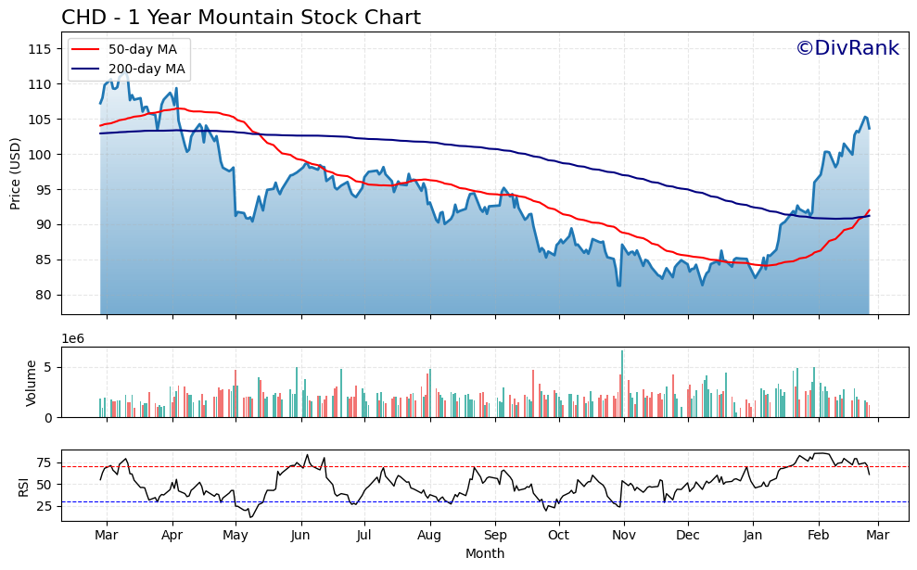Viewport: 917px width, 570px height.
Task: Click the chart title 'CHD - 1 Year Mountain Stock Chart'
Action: point(240,18)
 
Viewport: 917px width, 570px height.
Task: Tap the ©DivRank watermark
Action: point(847,48)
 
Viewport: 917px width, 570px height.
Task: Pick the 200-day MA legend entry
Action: point(146,69)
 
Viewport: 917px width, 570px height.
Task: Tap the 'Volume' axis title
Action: point(31,383)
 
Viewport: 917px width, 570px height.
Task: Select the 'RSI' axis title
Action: point(24,484)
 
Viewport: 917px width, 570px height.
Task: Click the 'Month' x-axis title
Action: point(485,554)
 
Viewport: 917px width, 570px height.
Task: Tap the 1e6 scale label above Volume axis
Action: point(73,338)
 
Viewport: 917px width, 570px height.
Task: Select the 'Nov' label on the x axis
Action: point(624,535)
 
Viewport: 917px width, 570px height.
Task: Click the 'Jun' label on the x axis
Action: point(299,535)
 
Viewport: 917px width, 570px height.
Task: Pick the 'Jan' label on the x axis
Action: point(753,535)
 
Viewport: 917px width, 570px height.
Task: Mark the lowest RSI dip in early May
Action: point(250,516)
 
